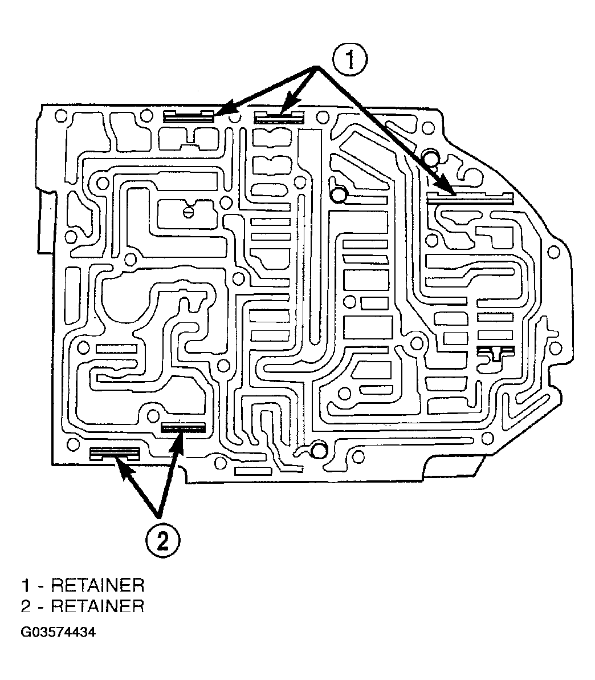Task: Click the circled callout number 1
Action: click(x=350, y=60)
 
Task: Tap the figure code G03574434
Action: click(x=58, y=632)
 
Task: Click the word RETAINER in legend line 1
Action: click(x=97, y=585)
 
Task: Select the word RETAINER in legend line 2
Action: click(x=97, y=606)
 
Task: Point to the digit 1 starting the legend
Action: click(x=26, y=585)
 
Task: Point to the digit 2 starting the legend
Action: click(x=26, y=606)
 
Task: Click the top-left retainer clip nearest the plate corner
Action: click(x=189, y=116)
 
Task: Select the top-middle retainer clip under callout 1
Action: click(x=279, y=117)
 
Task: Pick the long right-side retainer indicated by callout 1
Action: click(x=470, y=198)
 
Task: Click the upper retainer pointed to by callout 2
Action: click(x=183, y=428)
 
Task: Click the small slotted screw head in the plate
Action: click(x=188, y=212)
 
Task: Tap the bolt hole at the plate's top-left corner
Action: click(x=60, y=116)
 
